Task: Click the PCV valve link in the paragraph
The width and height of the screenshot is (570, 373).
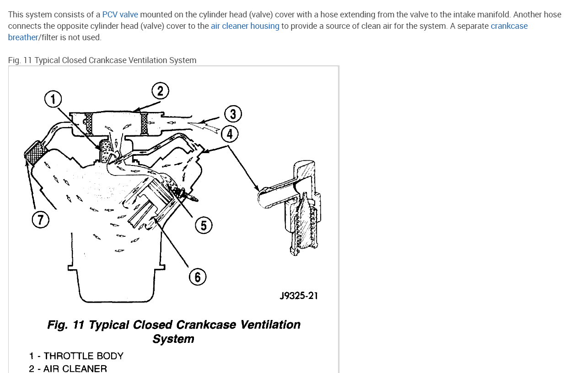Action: pyautogui.click(x=120, y=14)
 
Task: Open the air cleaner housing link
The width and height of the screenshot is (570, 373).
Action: pyautogui.click(x=245, y=26)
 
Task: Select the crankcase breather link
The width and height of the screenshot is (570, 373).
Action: pyautogui.click(x=509, y=26)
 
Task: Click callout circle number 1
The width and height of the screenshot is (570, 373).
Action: pyautogui.click(x=53, y=99)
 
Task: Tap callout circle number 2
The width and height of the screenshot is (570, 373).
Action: pyautogui.click(x=160, y=91)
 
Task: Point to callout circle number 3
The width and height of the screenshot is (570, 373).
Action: pyautogui.click(x=233, y=114)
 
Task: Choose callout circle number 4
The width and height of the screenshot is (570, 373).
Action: pyautogui.click(x=229, y=134)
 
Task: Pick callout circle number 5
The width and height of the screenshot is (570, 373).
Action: pyautogui.click(x=204, y=225)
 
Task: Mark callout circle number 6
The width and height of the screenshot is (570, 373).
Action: pyautogui.click(x=198, y=277)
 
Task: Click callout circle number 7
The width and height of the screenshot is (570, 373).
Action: pyautogui.click(x=40, y=220)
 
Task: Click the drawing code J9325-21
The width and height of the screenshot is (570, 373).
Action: pyautogui.click(x=298, y=296)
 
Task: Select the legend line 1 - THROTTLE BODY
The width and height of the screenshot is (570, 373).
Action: pyautogui.click(x=76, y=356)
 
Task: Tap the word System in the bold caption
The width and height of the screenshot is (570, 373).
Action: pyautogui.click(x=173, y=339)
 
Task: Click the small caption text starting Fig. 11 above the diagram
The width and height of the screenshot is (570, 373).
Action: pyautogui.click(x=102, y=60)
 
